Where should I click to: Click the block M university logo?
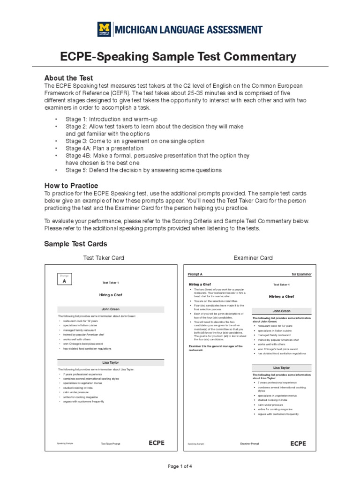point(104,30)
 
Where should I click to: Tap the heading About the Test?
point(68,78)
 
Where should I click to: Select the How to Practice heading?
point(71,186)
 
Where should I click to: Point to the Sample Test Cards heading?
point(75,244)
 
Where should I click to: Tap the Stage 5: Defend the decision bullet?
point(143,170)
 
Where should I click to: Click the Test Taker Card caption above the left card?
point(104,258)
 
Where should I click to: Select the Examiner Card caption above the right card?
point(253,258)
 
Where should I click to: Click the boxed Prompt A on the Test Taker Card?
point(64,280)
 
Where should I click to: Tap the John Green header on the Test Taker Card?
point(111,309)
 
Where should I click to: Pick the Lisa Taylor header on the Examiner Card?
point(281,368)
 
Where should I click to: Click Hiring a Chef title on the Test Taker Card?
point(111,295)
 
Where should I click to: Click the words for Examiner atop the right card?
point(301,274)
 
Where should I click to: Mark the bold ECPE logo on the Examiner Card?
point(298,443)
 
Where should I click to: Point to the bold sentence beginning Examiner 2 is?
point(216,348)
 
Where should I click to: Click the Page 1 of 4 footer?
point(180,466)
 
